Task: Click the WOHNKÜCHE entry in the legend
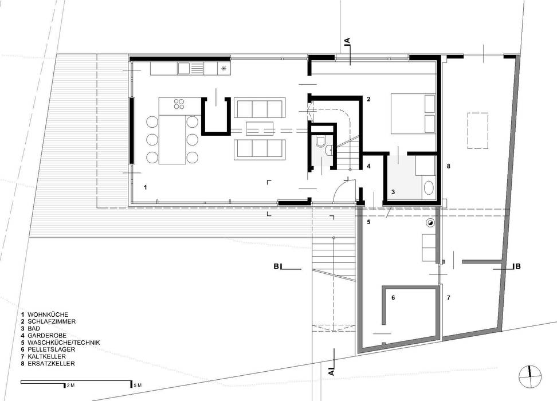click(48, 314)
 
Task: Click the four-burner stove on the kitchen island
click(179, 104)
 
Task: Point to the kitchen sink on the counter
click(184, 69)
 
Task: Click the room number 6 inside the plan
click(393, 298)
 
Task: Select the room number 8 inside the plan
click(449, 167)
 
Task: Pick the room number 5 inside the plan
click(369, 221)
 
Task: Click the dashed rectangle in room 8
click(478, 131)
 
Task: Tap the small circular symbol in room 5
click(430, 223)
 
